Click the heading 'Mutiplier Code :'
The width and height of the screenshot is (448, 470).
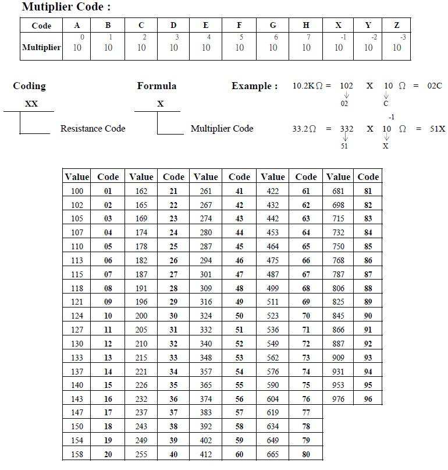point(66,8)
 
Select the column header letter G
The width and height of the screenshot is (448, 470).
point(273,26)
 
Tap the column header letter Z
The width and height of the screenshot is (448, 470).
point(396,26)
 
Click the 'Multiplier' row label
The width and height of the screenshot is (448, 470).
point(41,47)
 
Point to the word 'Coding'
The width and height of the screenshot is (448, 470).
point(29,86)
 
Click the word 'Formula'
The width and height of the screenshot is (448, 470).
point(157,86)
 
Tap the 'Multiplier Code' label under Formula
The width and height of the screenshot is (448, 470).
point(222,129)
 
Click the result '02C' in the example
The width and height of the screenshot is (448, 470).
point(435,86)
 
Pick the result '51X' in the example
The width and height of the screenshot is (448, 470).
point(437,129)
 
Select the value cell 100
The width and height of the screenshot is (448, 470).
point(77,191)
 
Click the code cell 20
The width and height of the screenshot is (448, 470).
point(108,454)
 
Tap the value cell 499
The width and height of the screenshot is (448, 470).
point(273,288)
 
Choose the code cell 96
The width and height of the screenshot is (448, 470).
point(368,399)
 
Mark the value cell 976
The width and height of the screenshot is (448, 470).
point(338,399)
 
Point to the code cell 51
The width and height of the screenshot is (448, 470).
point(239,330)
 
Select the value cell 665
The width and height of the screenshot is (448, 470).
point(273,454)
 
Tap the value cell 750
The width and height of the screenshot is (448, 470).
point(338,246)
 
